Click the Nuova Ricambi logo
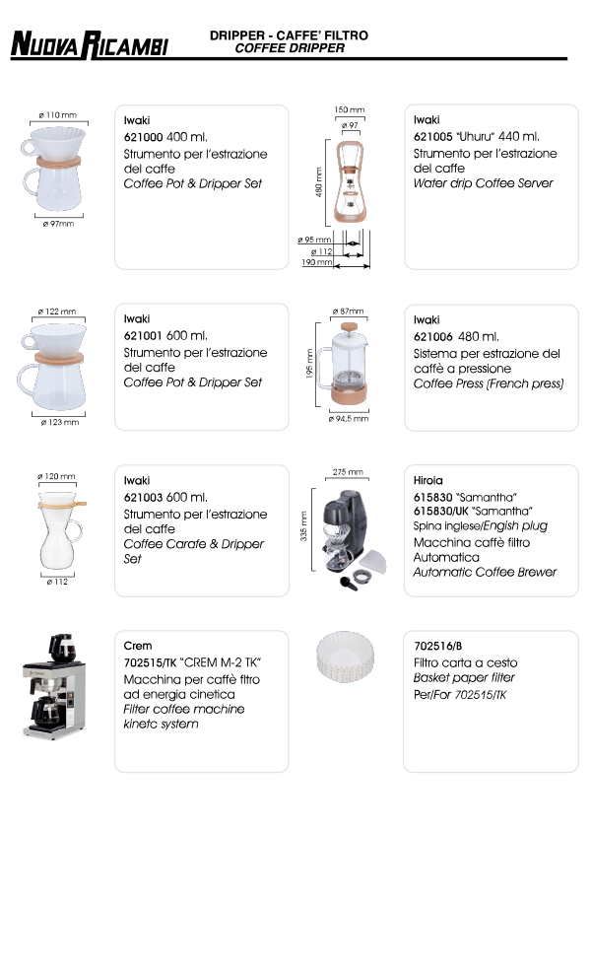point(90,44)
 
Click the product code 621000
point(143,137)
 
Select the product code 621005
point(432,137)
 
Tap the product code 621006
point(432,337)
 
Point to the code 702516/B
point(437,647)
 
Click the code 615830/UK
point(440,512)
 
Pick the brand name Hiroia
point(427,481)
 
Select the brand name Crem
point(137,646)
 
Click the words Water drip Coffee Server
point(483,183)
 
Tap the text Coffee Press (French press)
point(489,383)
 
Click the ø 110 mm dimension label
point(57,115)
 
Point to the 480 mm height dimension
point(319,181)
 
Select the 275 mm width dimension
point(348,472)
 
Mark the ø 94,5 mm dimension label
point(349,419)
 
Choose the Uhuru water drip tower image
point(350,181)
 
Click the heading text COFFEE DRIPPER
point(290,48)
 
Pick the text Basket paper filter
point(464,678)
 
